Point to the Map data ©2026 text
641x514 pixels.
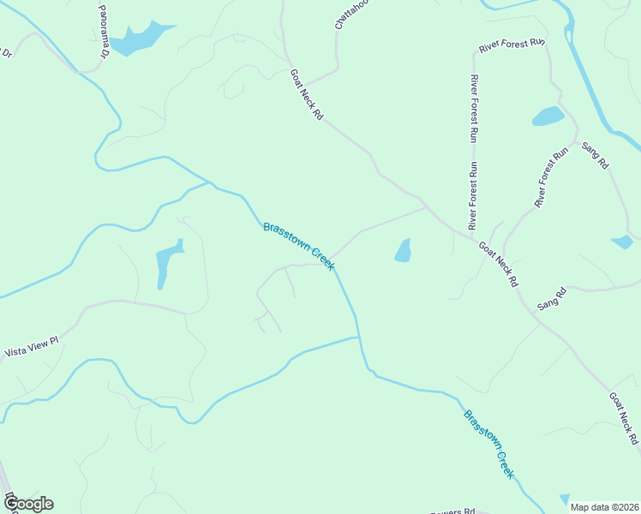[604, 507]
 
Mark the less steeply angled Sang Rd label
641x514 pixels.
[552, 299]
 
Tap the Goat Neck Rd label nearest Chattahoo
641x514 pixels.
[305, 94]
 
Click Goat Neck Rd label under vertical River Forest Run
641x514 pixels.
[499, 264]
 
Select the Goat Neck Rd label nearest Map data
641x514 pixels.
[624, 419]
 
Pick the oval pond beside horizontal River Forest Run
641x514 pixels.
[548, 117]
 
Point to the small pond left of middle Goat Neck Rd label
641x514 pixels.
[403, 250]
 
